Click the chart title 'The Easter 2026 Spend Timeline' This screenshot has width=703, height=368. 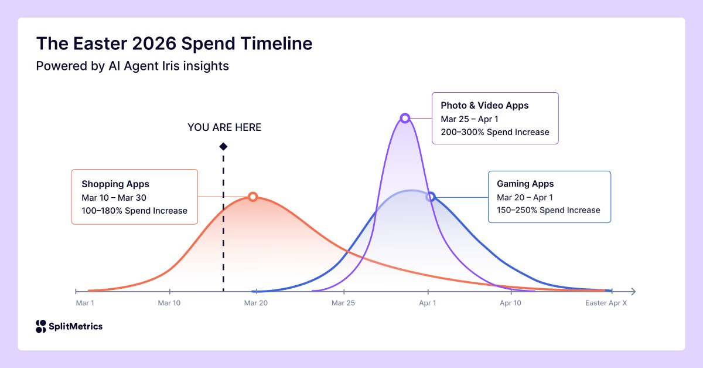click(174, 43)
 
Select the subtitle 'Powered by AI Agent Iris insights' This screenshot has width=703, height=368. click(132, 66)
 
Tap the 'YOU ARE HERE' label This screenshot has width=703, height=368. click(224, 127)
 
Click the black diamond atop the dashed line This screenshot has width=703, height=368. click(223, 146)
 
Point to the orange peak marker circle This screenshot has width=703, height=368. click(252, 197)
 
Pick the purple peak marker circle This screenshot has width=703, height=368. click(404, 118)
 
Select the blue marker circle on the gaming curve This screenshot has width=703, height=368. click(431, 197)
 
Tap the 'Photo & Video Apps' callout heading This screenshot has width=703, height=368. click(484, 106)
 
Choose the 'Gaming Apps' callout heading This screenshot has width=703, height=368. click(525, 184)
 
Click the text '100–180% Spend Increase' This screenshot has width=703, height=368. click(134, 211)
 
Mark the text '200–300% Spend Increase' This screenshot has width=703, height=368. click(495, 132)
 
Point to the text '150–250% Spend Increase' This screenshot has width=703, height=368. click(548, 210)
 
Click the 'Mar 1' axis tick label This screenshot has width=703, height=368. click(85, 303)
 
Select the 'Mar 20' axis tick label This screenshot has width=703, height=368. click(255, 303)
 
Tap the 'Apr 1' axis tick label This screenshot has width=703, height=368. click(427, 303)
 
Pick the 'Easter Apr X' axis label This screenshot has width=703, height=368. click(606, 303)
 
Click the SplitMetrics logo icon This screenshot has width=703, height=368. click(40, 326)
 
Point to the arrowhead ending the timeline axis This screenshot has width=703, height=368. click(632, 291)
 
